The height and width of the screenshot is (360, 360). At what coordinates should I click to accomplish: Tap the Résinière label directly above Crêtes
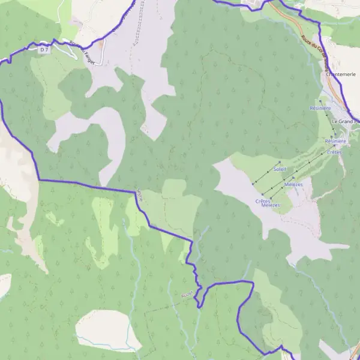coord(335,141)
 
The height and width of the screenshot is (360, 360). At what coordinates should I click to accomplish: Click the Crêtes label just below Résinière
coord(334,152)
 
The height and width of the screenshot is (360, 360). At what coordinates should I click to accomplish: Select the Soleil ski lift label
coord(280,170)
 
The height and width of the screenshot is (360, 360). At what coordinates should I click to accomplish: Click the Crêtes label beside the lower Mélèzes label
coord(262,200)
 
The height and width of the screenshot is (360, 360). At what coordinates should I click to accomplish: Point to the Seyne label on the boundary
coord(140,195)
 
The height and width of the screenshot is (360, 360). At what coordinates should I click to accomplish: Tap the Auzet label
coord(186,294)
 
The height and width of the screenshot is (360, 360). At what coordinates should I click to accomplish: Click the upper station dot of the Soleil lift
coord(280,162)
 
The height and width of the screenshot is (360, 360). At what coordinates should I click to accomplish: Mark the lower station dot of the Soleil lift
coord(253,182)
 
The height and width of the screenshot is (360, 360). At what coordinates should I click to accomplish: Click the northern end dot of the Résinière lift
coord(319,100)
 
